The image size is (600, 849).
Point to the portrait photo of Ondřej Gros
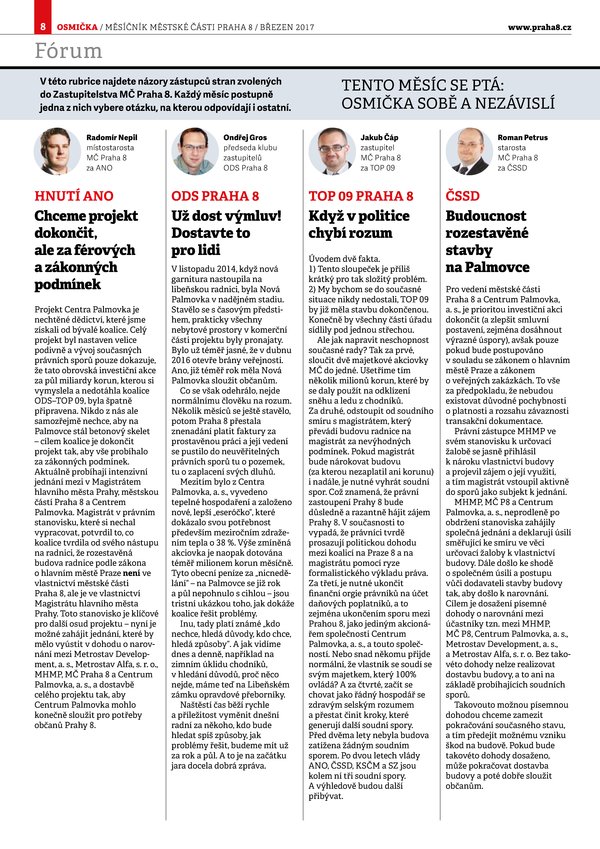pyautogui.click(x=190, y=151)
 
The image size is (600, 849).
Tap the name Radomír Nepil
pyautogui.click(x=113, y=135)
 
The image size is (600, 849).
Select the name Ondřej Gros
pyautogui.click(x=246, y=135)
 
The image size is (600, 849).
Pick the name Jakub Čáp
pyautogui.click(x=381, y=135)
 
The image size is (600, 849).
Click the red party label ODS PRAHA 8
pyautogui.click(x=212, y=195)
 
